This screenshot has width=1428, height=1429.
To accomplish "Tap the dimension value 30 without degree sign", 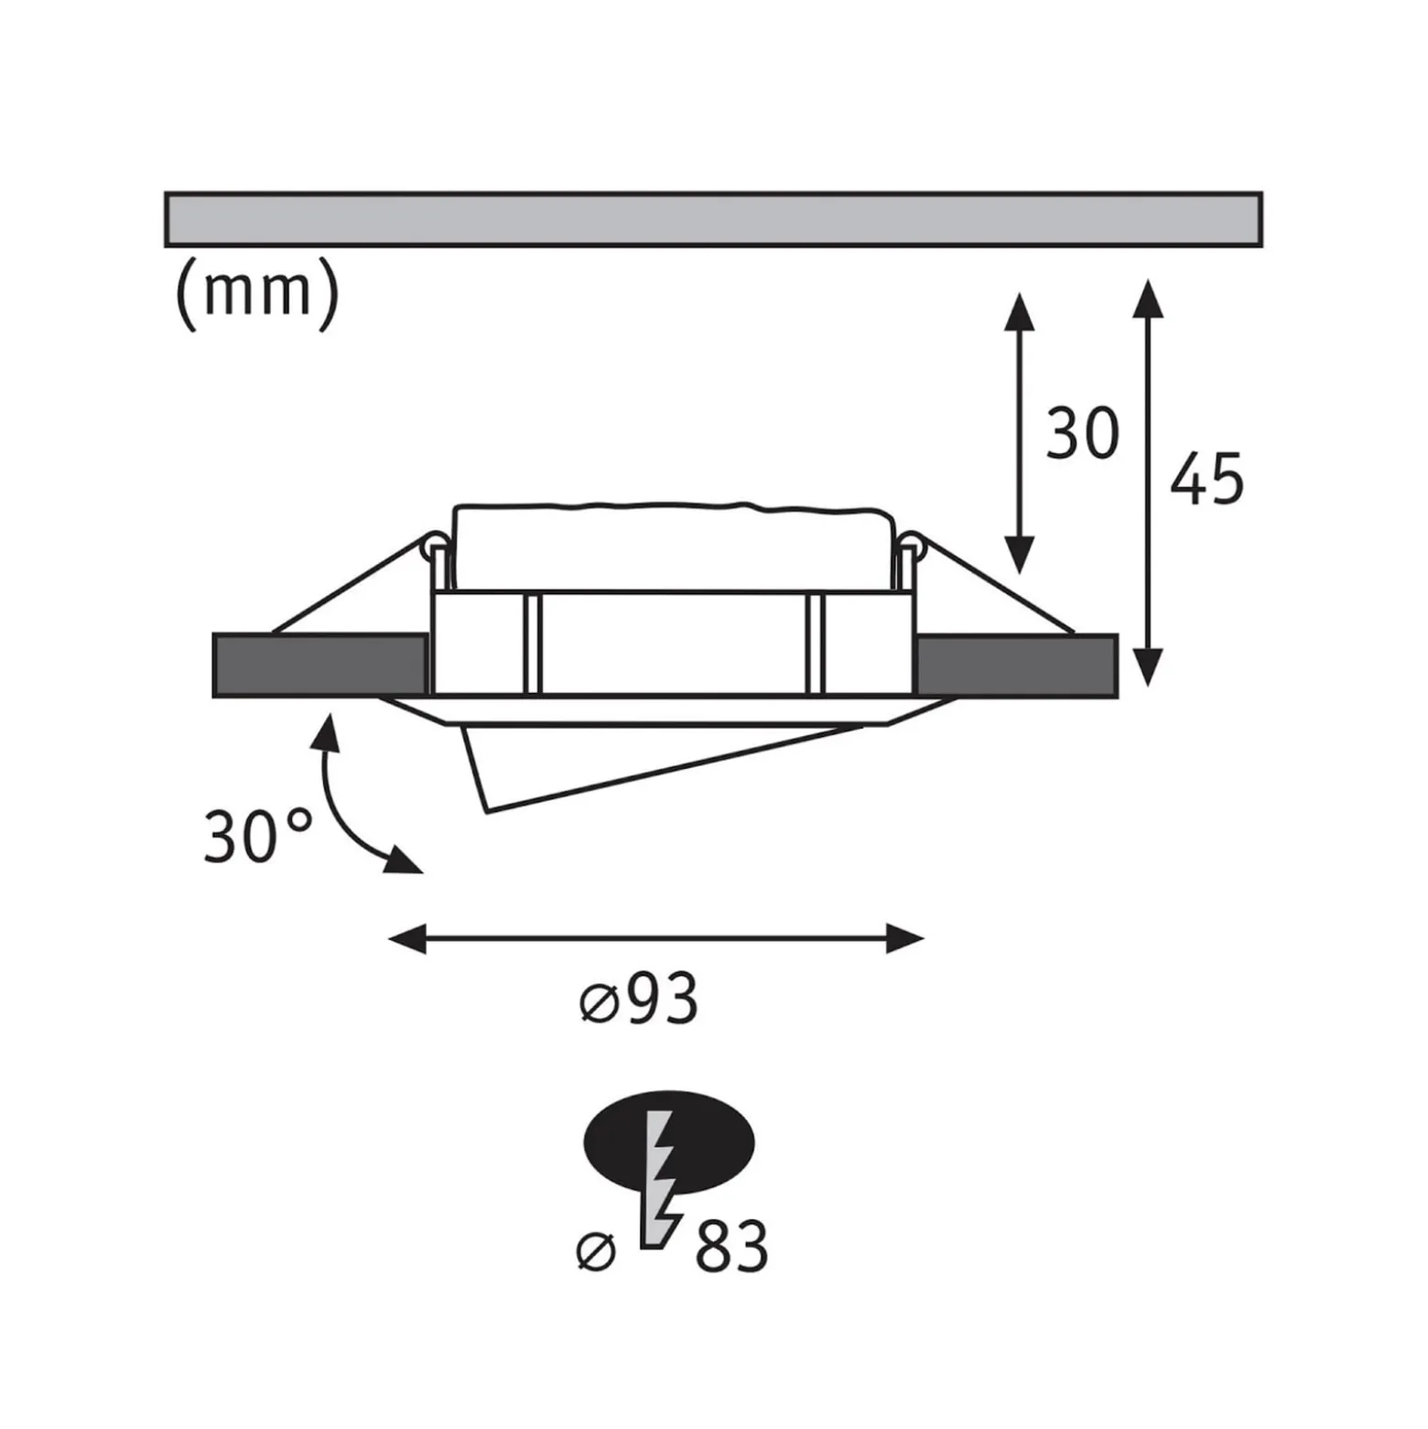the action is pyautogui.click(x=1083, y=435).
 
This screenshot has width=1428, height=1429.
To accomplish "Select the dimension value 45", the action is pyautogui.click(x=1207, y=478).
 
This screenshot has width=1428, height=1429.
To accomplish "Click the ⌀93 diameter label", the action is pyautogui.click(x=640, y=999).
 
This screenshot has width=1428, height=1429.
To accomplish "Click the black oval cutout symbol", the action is pyautogui.click(x=669, y=1142).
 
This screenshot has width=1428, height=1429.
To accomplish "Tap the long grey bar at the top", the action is pyautogui.click(x=714, y=220).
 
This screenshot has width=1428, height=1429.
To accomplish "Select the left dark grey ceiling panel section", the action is pyautogui.click(x=320, y=665).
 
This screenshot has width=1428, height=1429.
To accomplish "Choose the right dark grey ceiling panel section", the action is pyautogui.click(x=1016, y=665).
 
